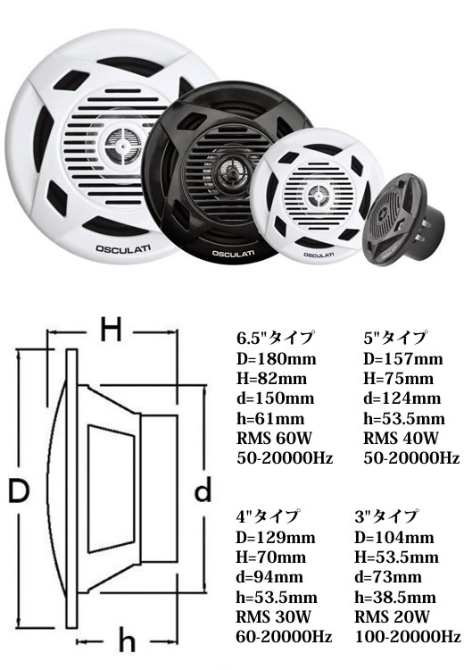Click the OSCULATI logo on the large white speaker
[x=123, y=248]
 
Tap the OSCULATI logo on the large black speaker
[x=234, y=254]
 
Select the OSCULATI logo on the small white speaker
[x=319, y=255]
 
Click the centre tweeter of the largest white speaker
[x=123, y=144]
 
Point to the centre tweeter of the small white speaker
[x=318, y=197]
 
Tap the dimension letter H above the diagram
[x=111, y=330]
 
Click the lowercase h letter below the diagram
[x=127, y=641]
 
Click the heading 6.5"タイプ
[x=276, y=338]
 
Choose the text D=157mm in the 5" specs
[x=403, y=358]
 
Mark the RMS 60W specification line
[x=274, y=438]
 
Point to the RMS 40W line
[x=401, y=438]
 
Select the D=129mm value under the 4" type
[x=276, y=537]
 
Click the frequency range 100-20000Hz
[x=408, y=637]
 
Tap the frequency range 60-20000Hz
[x=284, y=637]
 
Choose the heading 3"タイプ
[x=385, y=516]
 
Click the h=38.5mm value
[x=395, y=597]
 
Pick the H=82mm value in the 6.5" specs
[x=271, y=378]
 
